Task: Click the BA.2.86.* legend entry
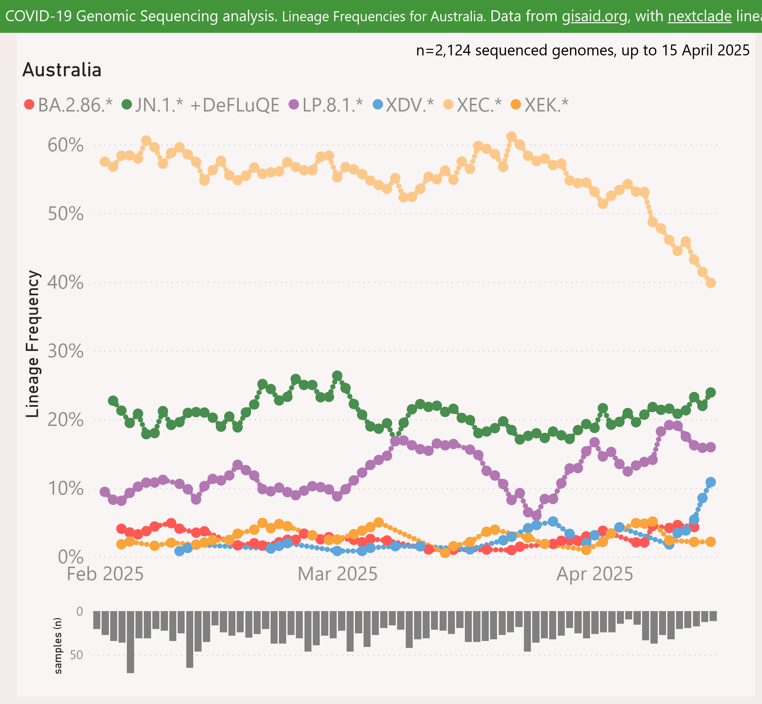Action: point(69,105)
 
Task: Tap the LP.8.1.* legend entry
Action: point(326,105)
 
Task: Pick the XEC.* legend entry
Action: point(473,105)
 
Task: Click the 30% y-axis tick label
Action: point(65,351)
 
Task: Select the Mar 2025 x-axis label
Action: point(337,574)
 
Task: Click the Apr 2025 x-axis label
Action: point(595,574)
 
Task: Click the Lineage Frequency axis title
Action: point(33,344)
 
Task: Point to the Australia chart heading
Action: point(62,70)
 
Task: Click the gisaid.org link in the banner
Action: point(595,16)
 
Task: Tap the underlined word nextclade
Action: point(700,16)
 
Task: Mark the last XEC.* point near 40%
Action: point(711,283)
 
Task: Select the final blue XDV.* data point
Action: point(711,482)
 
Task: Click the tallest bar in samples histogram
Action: point(130,642)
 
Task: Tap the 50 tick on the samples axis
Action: point(76,655)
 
